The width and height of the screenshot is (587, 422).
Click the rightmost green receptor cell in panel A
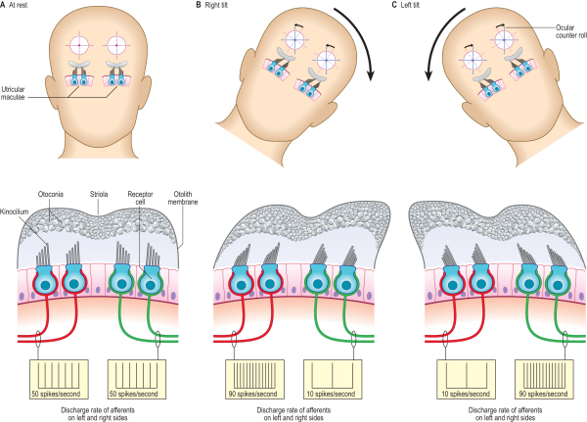[x=148, y=281]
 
